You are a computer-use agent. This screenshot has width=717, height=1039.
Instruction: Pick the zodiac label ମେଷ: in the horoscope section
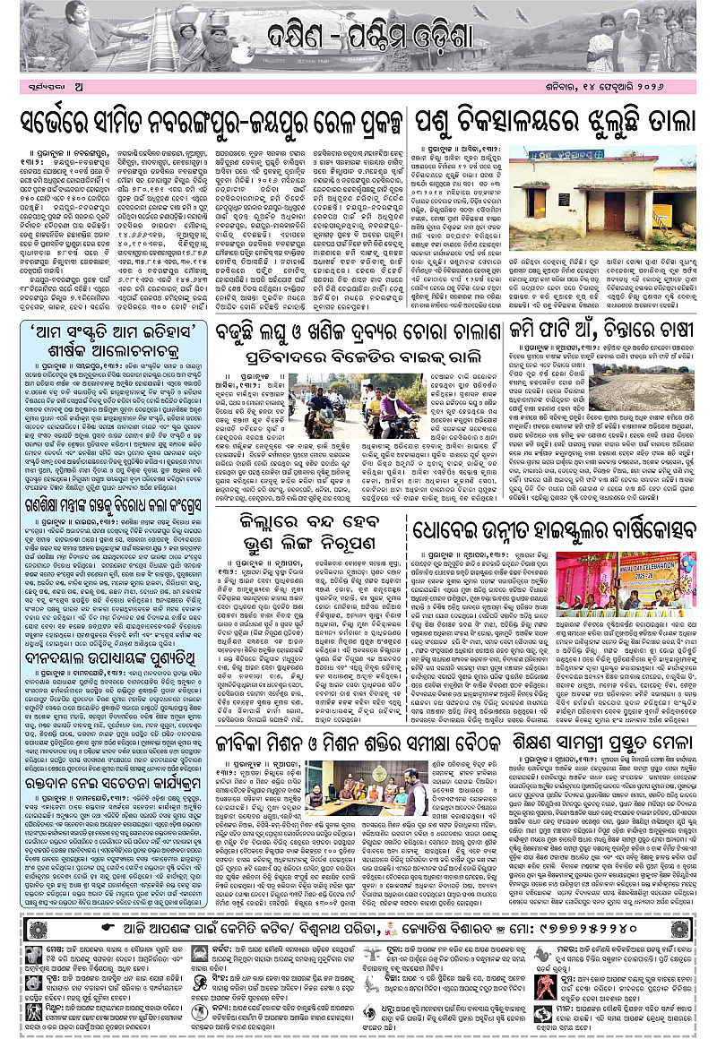tap(46, 947)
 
